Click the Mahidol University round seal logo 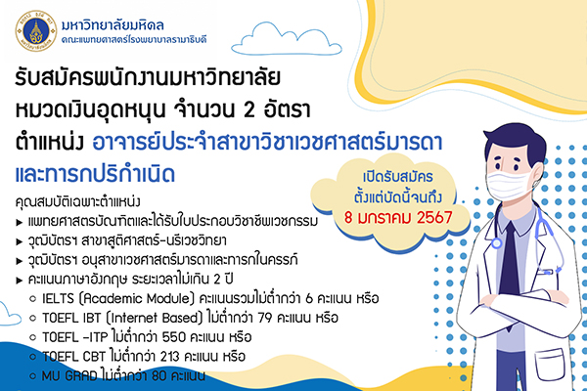pyautogui.click(x=36, y=30)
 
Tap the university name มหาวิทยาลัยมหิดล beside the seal pyautogui.click(x=113, y=25)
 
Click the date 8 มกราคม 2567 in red pyautogui.click(x=398, y=217)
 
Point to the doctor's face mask pyautogui.click(x=511, y=184)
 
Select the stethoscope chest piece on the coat pyautogui.click(x=496, y=243)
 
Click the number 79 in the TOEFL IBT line pyautogui.click(x=266, y=318)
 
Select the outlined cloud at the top pyautogui.click(x=287, y=39)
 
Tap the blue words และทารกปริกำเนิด pyautogui.click(x=95, y=174)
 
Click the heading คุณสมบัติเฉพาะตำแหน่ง pyautogui.click(x=77, y=201)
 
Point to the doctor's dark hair pyautogui.click(x=515, y=141)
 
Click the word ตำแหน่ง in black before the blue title pyautogui.click(x=50, y=143)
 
